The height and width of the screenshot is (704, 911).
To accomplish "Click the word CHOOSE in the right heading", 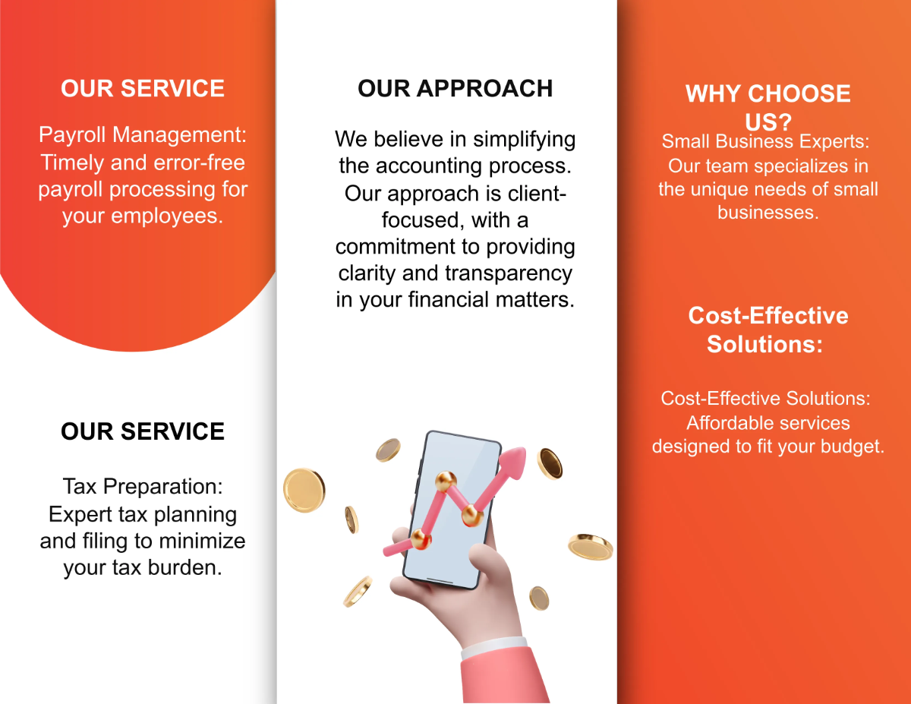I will click(x=800, y=94).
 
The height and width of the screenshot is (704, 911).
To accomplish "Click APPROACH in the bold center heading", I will click(x=484, y=88).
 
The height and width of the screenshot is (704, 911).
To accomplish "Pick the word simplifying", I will click(x=525, y=140).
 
